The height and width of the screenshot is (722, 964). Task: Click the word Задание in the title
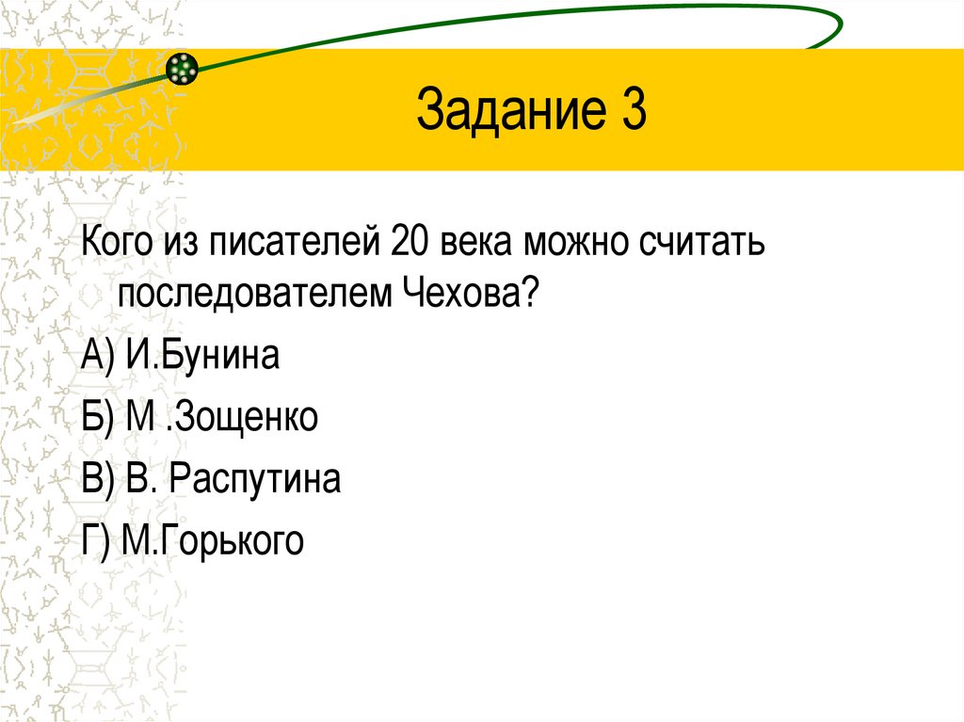coord(504,110)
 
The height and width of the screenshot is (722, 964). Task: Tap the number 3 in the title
coord(632,110)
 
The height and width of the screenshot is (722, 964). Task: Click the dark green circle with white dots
coord(183,69)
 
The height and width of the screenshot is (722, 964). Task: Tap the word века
coord(475,246)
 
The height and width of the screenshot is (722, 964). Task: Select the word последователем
coord(259,295)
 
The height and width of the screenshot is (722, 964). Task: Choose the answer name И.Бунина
coord(201,357)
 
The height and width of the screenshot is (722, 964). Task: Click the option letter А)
coord(98,357)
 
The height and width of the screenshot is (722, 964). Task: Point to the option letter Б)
coord(98,418)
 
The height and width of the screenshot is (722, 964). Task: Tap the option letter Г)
coord(96,541)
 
